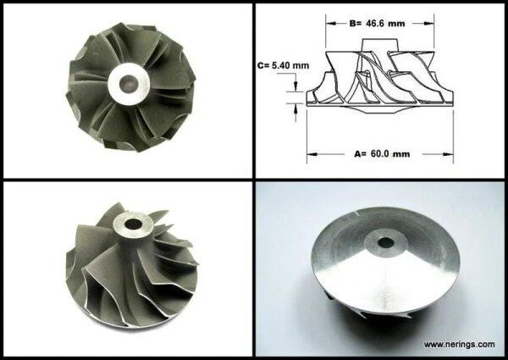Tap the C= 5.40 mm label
pyautogui.click(x=283, y=64)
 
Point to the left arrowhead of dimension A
pyautogui.click(x=311, y=154)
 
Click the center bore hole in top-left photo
pyautogui.click(x=129, y=83)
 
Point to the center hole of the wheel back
pyautogui.click(x=386, y=242)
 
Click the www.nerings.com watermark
pyautogui.click(x=458, y=345)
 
